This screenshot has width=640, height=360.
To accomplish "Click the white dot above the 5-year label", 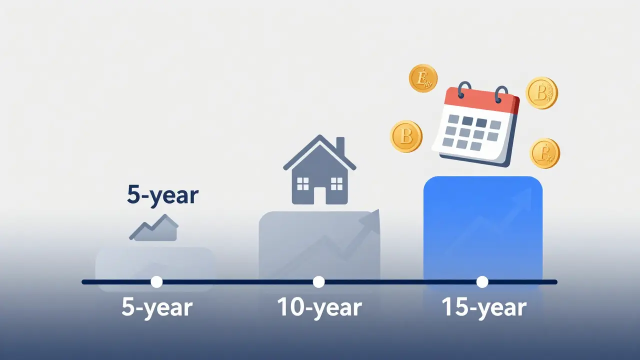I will pyautogui.click(x=156, y=282).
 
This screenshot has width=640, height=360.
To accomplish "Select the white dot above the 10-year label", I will pyautogui.click(x=318, y=282).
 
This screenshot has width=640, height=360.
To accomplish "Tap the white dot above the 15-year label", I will pyautogui.click(x=482, y=282).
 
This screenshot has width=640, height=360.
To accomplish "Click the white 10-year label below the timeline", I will pyautogui.click(x=319, y=307).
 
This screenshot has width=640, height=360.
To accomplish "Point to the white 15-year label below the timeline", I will pyautogui.click(x=484, y=307).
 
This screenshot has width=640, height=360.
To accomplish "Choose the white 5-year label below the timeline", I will pyautogui.click(x=157, y=307).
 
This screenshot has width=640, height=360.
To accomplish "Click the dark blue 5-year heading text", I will pyautogui.click(x=162, y=195).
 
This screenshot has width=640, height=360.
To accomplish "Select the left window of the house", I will pyautogui.click(x=303, y=184).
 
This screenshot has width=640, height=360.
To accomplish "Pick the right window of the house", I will pyautogui.click(x=337, y=184).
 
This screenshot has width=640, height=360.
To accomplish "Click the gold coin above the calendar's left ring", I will pyautogui.click(x=423, y=78).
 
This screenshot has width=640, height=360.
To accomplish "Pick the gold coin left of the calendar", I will pyautogui.click(x=406, y=136).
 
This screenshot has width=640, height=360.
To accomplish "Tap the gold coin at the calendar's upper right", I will pyautogui.click(x=541, y=93).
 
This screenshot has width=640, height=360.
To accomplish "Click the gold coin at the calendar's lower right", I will pyautogui.click(x=544, y=153).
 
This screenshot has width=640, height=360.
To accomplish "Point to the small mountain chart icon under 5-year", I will pyautogui.click(x=154, y=227).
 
